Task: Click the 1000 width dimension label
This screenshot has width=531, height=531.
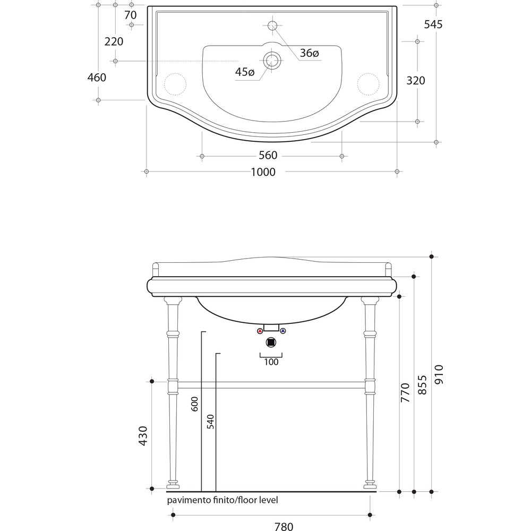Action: click(x=263, y=172)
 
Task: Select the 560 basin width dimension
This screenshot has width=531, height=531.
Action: click(x=268, y=155)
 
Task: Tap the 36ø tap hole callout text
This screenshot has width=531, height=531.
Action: click(x=310, y=53)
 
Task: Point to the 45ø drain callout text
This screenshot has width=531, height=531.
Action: click(x=245, y=72)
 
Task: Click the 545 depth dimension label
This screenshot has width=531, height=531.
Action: click(x=433, y=24)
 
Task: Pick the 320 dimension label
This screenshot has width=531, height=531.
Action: click(x=416, y=81)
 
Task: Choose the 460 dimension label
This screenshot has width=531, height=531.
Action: click(x=97, y=78)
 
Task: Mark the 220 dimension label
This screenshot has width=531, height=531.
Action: click(x=114, y=41)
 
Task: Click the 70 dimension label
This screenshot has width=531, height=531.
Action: click(x=131, y=15)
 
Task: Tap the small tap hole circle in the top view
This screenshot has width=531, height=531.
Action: click(x=272, y=25)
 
